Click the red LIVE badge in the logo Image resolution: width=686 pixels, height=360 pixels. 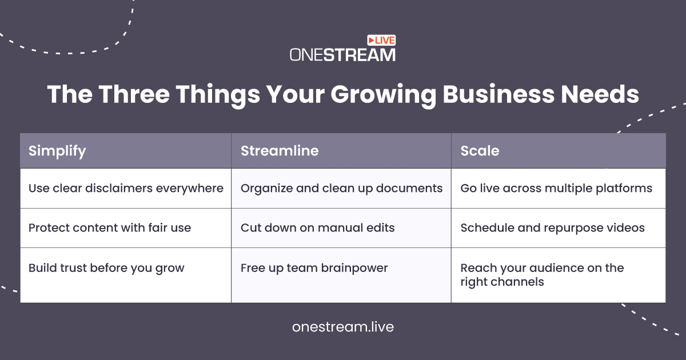click(381, 40)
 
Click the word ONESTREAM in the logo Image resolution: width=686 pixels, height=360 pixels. click(342, 55)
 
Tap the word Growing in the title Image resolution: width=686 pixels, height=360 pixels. click(383, 95)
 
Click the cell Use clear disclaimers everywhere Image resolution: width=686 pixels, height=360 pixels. click(126, 188)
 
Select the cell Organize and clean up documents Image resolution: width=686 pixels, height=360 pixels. click(341, 188)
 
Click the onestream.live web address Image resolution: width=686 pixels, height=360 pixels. click(343, 327)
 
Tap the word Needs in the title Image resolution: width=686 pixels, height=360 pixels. click(600, 94)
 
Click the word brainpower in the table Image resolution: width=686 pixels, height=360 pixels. click(354, 268)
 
